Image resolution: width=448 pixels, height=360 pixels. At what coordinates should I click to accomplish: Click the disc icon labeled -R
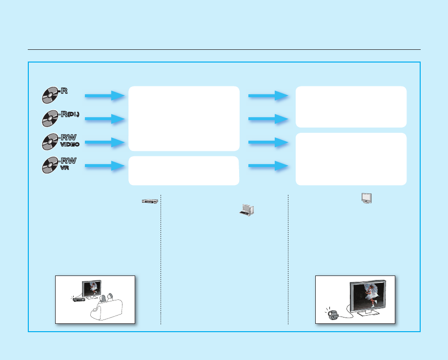point(50,95)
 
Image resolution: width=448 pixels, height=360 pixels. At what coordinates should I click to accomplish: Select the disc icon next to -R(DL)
point(50,118)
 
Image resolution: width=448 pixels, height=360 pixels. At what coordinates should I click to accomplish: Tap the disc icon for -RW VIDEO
point(50,142)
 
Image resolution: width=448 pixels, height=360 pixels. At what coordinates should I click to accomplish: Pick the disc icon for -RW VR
point(50,165)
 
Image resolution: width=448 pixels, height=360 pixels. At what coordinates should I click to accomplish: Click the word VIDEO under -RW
point(70,145)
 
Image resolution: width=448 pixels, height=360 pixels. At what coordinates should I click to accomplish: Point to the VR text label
point(65,168)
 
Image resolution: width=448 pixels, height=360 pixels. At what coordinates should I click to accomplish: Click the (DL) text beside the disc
point(73,114)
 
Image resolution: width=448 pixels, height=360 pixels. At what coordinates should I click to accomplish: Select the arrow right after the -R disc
point(104,96)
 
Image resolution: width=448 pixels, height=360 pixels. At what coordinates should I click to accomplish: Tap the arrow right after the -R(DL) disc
point(104,119)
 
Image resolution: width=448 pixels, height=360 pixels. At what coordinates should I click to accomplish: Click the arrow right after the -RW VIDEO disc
point(104,143)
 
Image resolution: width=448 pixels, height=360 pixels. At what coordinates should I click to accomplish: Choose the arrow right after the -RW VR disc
point(104,166)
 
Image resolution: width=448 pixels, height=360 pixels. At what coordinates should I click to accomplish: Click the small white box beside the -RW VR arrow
point(183,170)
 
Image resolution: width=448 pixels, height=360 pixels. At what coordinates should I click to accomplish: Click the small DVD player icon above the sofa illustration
point(149,201)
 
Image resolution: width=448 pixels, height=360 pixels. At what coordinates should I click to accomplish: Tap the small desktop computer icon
point(247,210)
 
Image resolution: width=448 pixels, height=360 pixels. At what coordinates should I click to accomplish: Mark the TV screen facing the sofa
point(92,288)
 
